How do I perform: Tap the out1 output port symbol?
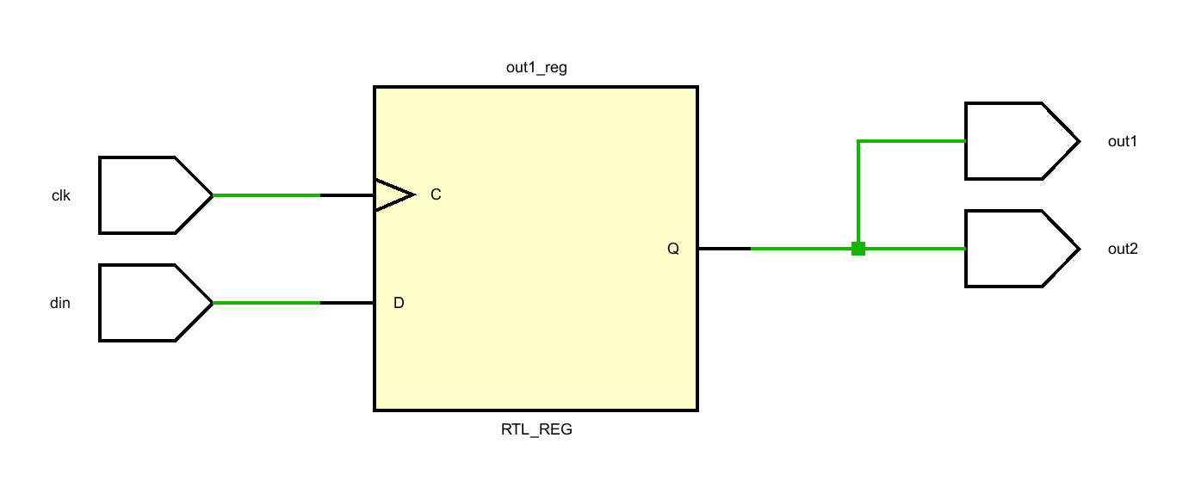pos(1016,141)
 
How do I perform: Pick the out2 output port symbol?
pos(1016,249)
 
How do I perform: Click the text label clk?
pos(60,195)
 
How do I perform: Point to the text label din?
pos(60,303)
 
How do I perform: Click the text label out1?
pos(1123,141)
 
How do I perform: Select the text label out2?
pos(1123,249)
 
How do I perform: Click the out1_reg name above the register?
pos(536,67)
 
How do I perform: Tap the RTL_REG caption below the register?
pos(536,429)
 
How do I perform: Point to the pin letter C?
pos(436,195)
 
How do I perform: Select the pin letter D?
pos(399,303)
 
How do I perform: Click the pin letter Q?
pos(673,249)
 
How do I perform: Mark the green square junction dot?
pos(858,249)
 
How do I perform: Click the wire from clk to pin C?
pos(267,195)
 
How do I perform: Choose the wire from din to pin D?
pos(267,303)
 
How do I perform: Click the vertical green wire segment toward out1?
pos(858,194)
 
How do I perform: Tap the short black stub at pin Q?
pos(723,249)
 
